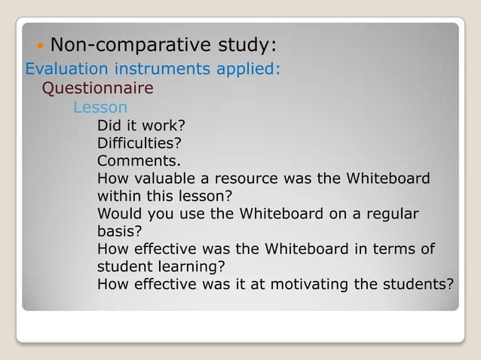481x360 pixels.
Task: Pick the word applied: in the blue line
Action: pos(247,69)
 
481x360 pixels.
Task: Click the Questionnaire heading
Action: pos(97,89)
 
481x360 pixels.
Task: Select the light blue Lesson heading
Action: pos(100,108)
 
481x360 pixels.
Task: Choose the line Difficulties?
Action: pos(139,143)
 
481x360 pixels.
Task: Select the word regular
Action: pos(391,213)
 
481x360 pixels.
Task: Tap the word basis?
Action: pos(120,231)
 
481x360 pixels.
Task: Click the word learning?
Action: pos(193,267)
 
